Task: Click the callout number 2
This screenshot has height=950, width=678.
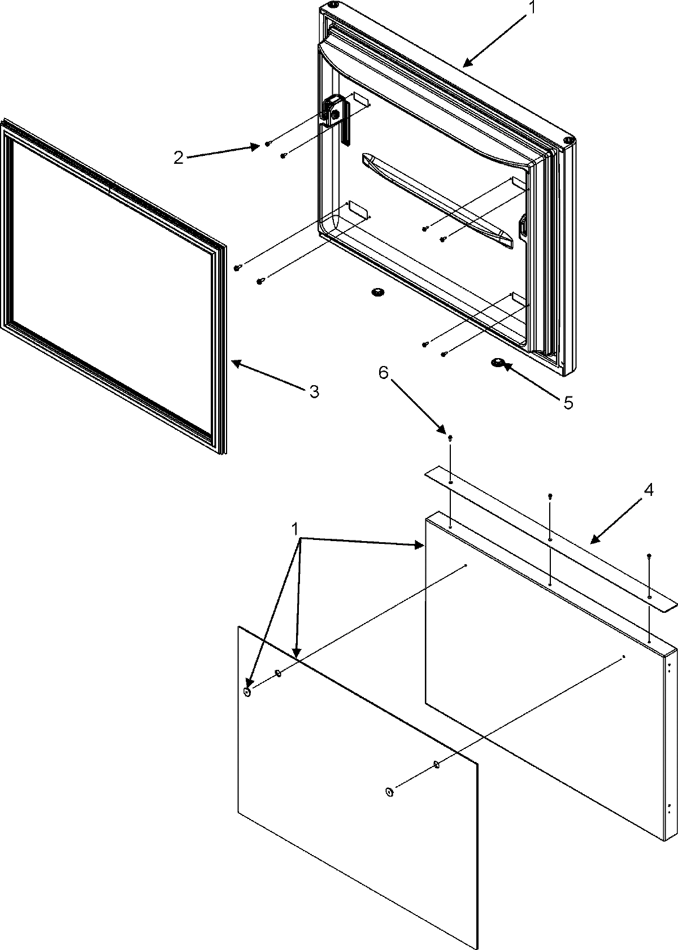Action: pos(179,158)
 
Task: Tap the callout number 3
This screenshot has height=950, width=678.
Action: pos(315,391)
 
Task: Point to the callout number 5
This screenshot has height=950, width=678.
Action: pos(567,402)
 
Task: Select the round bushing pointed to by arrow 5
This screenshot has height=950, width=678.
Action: pos(498,363)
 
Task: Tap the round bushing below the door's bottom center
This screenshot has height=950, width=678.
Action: pos(376,291)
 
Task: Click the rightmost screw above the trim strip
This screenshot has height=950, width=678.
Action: pos(649,556)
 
